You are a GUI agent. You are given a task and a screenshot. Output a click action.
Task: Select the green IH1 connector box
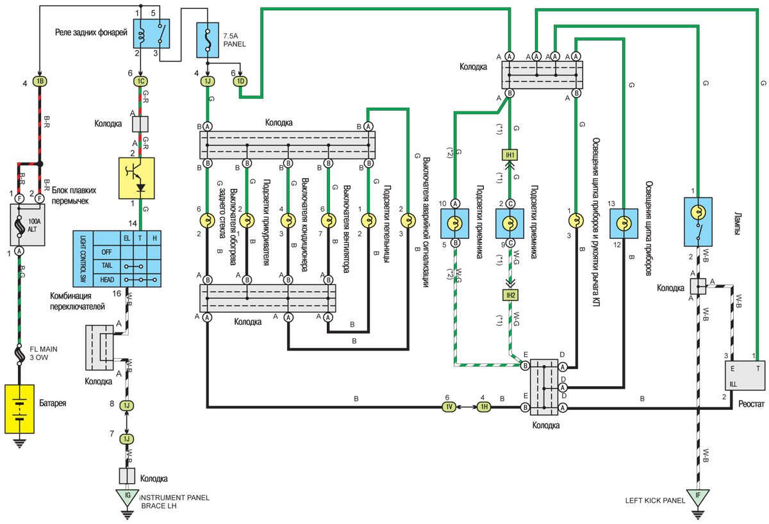click(x=510, y=155)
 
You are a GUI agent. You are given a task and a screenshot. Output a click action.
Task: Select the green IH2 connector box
click(x=510, y=295)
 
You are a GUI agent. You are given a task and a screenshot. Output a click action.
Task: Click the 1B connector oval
click(x=40, y=81)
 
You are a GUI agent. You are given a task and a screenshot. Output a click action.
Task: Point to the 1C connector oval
click(x=141, y=81)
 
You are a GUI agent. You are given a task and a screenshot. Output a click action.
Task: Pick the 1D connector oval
click(x=241, y=81)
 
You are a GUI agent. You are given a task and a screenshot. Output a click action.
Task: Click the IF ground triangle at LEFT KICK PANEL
click(x=698, y=496)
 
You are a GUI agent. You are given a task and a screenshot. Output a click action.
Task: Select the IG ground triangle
click(x=126, y=496)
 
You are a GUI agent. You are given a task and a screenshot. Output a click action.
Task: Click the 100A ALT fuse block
click(x=28, y=224)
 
